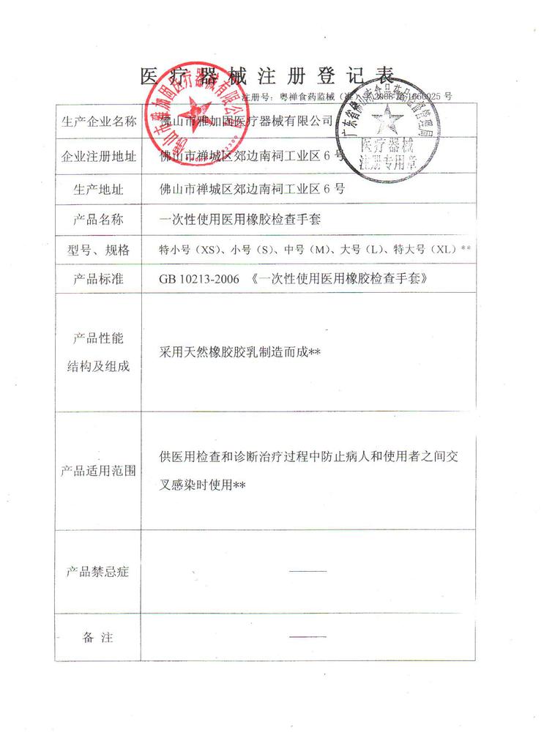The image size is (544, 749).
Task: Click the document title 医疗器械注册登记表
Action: tap(267, 75)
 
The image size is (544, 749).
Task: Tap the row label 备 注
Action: tap(98, 638)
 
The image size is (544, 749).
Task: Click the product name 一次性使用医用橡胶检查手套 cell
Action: tap(241, 219)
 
